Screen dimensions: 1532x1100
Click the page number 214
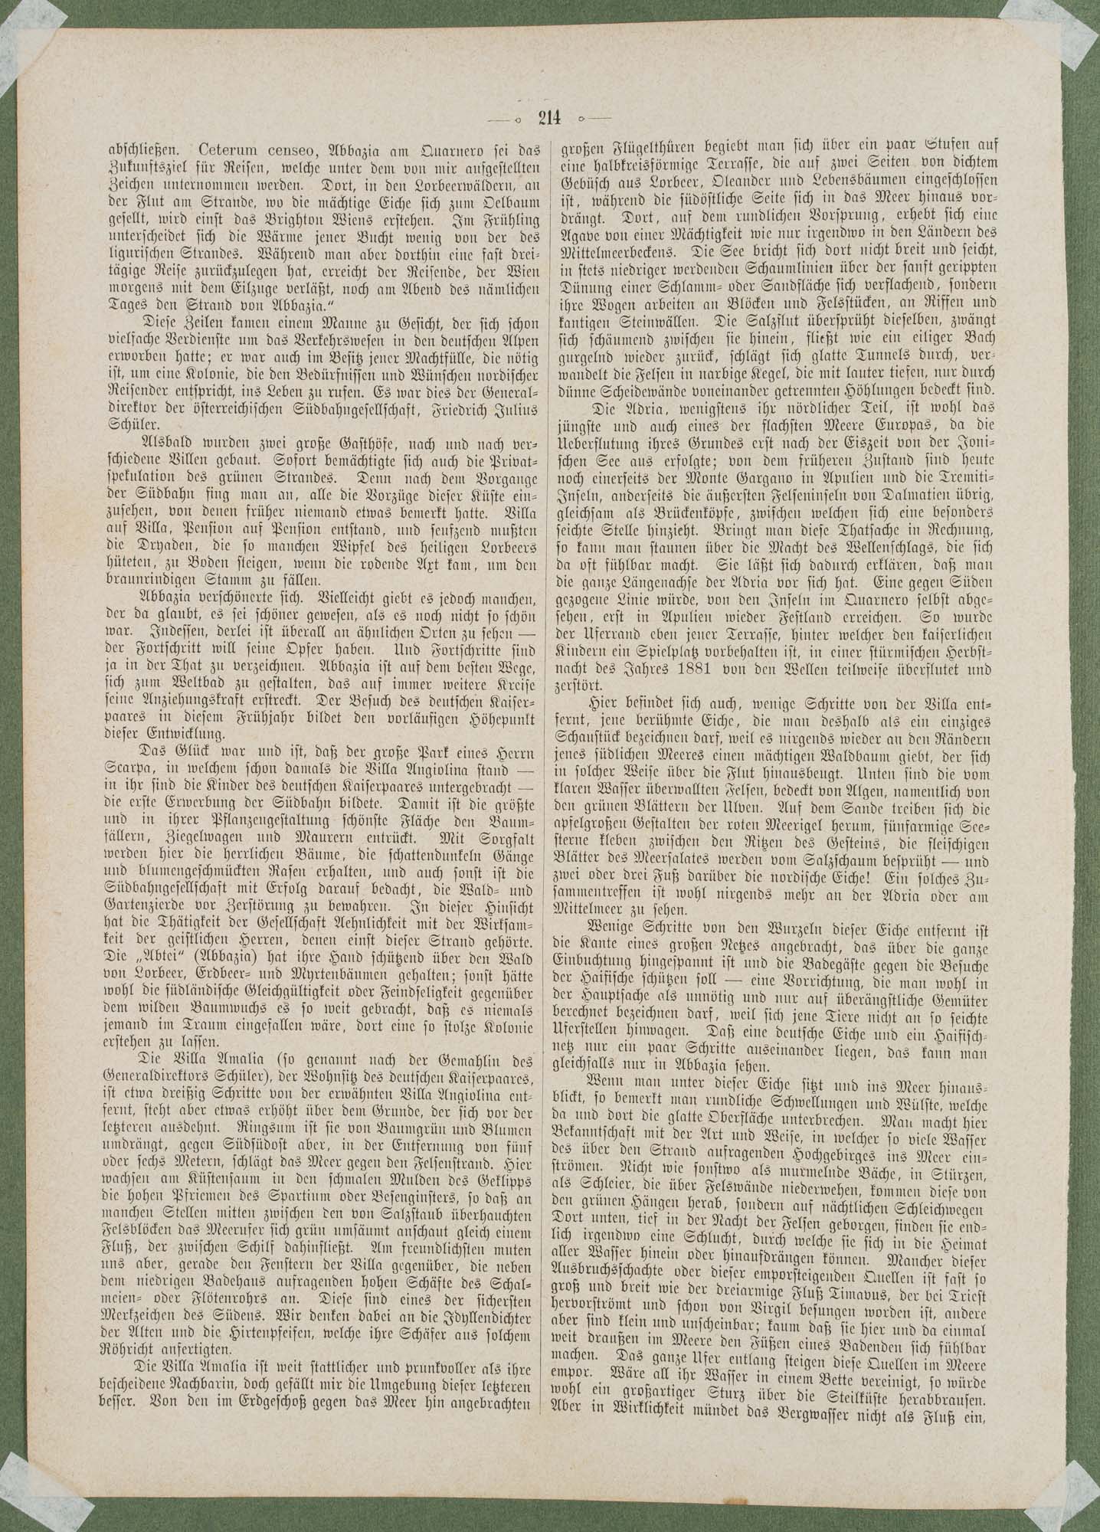point(549,117)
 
